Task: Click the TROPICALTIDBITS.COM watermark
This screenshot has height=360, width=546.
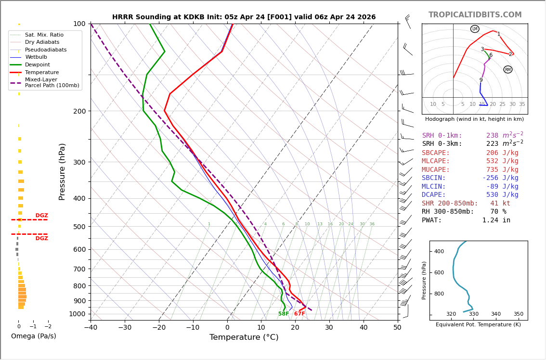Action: [475, 15]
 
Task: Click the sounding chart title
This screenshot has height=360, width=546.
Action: [244, 17]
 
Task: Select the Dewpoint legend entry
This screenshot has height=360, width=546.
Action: [37, 64]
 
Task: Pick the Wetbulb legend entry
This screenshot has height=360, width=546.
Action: [36, 57]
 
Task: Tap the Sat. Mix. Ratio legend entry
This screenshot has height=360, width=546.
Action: [44, 35]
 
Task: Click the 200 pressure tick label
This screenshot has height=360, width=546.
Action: [79, 111]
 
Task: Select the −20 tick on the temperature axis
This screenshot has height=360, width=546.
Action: [159, 328]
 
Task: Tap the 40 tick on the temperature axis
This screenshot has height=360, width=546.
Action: [364, 328]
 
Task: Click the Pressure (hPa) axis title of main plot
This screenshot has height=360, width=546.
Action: [62, 171]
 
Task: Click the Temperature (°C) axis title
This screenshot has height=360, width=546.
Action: [244, 337]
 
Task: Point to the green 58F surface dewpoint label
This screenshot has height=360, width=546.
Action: [284, 314]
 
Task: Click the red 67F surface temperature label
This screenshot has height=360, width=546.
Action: [299, 314]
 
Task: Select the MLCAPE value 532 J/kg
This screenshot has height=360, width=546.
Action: [502, 161]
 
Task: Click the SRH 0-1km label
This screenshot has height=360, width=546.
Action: [442, 136]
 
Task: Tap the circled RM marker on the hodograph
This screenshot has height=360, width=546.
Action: [508, 70]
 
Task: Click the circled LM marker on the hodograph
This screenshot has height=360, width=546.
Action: [475, 29]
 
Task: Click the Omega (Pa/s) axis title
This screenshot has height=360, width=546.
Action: [34, 336]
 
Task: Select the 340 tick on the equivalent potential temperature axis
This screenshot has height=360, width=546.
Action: [496, 314]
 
